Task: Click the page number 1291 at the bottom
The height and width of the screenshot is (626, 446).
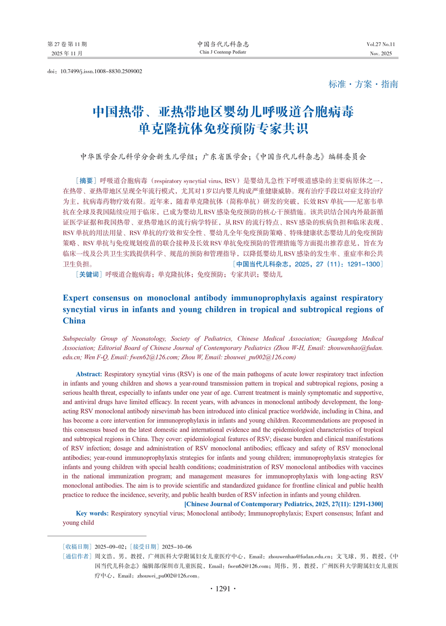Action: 223,589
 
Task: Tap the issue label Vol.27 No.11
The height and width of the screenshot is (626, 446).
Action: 381,44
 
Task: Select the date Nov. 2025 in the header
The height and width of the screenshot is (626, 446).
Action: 381,54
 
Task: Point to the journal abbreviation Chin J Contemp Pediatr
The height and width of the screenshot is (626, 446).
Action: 223,52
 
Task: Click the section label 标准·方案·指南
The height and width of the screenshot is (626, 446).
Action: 363,84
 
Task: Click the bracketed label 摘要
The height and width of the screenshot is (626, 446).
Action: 86,181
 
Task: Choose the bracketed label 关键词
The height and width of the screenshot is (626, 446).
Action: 89,275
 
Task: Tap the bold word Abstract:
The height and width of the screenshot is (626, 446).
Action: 89,374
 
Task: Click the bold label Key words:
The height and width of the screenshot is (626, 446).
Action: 92,513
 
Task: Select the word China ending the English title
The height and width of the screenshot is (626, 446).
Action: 74,321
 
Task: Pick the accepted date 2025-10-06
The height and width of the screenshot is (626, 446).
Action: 177,547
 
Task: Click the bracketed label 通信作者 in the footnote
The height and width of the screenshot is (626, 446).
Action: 77,556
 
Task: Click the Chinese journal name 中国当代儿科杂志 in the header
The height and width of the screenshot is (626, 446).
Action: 223,44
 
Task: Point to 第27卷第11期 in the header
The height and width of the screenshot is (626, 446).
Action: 67,44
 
